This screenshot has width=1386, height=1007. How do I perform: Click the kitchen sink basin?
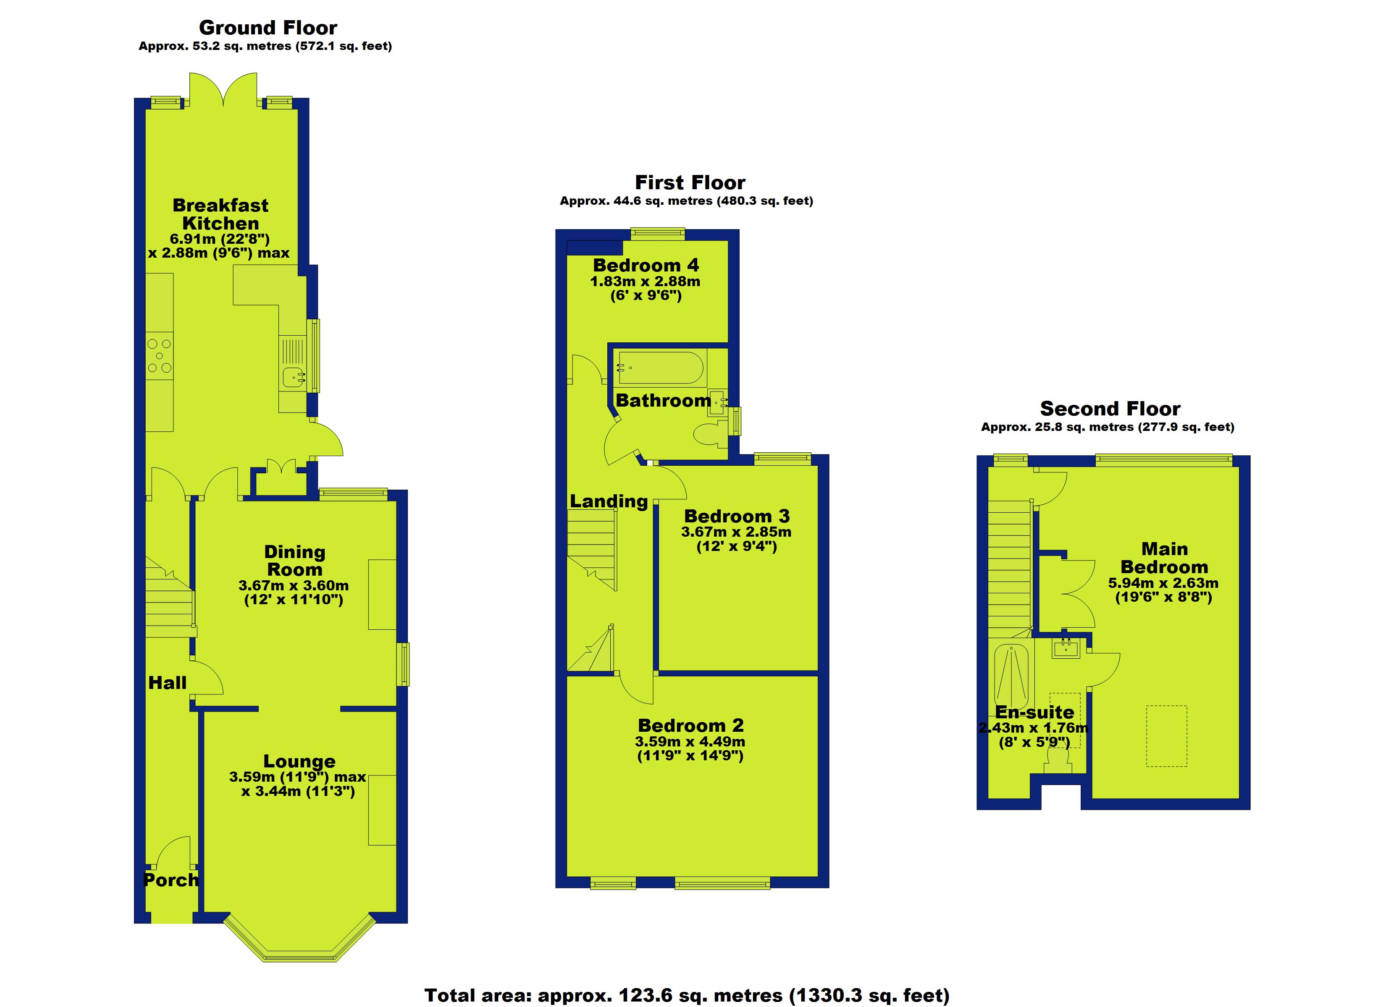(294, 377)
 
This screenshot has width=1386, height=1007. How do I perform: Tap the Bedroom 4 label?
(646, 265)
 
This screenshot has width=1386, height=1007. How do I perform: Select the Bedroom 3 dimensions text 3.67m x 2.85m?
(736, 532)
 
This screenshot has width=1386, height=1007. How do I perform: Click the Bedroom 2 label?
(690, 725)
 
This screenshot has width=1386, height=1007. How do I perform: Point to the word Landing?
(608, 501)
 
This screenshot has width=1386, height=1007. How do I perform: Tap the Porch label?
(171, 880)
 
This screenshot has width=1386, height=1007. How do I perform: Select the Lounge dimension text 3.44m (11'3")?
(298, 791)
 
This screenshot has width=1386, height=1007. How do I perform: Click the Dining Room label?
(294, 561)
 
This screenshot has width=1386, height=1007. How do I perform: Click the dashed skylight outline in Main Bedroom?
(1166, 736)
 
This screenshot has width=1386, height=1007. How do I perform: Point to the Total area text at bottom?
(686, 995)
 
